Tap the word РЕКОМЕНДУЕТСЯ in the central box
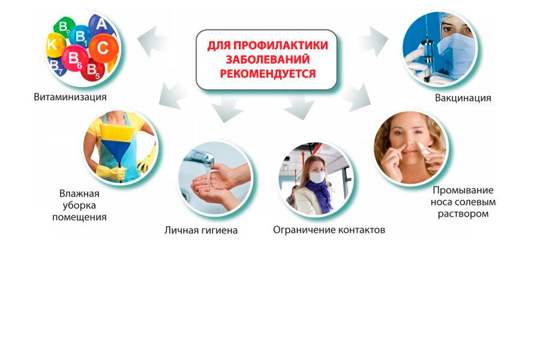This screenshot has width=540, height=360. pos(268,73)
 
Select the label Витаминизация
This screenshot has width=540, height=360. pos(70,97)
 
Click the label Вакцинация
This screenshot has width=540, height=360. pos(463,98)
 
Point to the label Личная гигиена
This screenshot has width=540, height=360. pos(201,230)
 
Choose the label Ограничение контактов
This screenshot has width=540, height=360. pos(329,230)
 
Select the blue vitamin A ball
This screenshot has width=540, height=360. pos(101,25)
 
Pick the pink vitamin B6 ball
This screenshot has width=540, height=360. pos(75,59)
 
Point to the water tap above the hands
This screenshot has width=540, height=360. pos(200,158)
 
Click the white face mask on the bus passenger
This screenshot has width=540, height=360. pos(317,177)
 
